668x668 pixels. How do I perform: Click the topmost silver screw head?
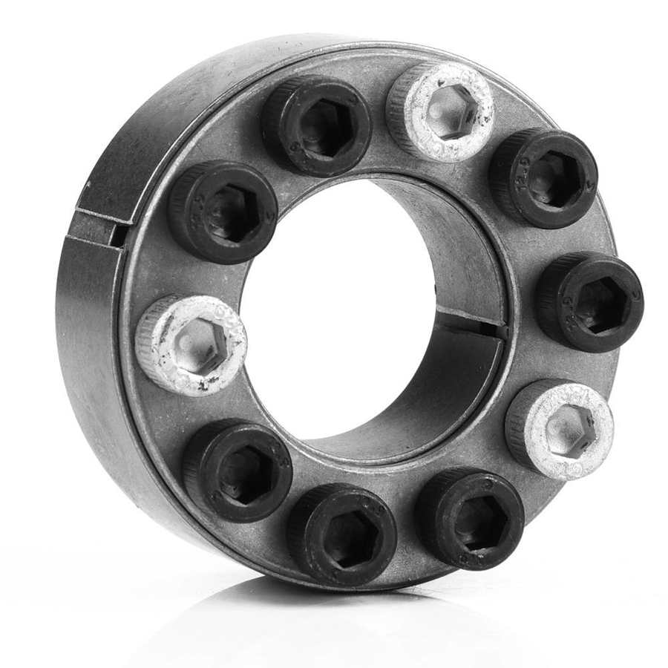coord(440,112)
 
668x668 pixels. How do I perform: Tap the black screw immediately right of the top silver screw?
coord(543,178)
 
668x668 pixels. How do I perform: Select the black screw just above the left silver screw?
coord(223,212)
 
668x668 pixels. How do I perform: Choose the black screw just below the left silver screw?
coord(238,471)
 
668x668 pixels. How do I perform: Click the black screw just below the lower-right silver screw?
coord(470,519)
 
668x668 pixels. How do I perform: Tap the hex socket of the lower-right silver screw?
coord(568,430)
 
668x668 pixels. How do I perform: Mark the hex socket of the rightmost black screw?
coord(597,304)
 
